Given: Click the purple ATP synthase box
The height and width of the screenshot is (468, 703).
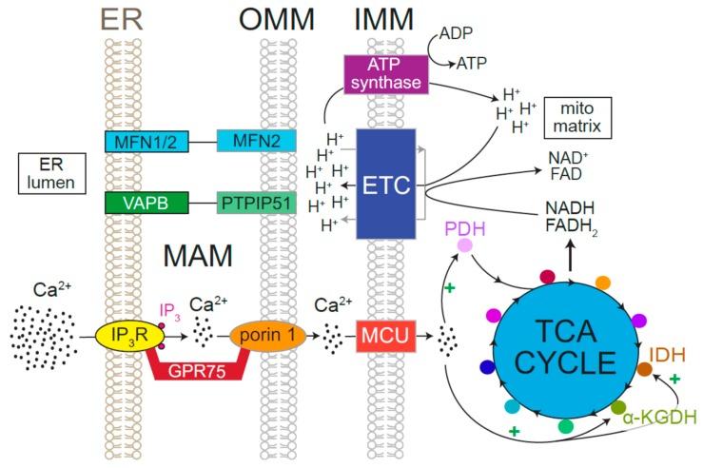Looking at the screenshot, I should (386, 74).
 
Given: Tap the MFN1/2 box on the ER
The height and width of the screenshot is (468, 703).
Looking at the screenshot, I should (146, 142).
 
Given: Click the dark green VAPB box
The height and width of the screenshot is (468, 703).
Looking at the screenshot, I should (146, 203).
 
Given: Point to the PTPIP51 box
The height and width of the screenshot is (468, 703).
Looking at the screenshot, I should (257, 203).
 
